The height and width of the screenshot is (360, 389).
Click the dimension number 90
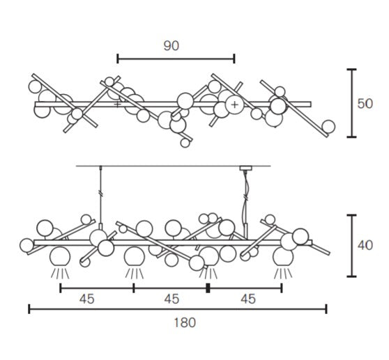[171, 46]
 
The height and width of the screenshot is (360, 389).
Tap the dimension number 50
[365, 104]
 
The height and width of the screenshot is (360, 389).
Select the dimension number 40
[365, 245]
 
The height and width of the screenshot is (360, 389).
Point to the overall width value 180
[185, 322]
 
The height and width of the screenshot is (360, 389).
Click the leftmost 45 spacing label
[87, 299]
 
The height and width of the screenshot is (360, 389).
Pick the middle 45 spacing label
[171, 299]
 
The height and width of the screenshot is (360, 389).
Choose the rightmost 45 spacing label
[248, 299]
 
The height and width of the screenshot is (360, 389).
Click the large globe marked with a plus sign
[234, 104]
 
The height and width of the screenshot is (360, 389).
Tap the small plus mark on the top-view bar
[117, 104]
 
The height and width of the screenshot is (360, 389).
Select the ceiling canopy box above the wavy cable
[245, 168]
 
